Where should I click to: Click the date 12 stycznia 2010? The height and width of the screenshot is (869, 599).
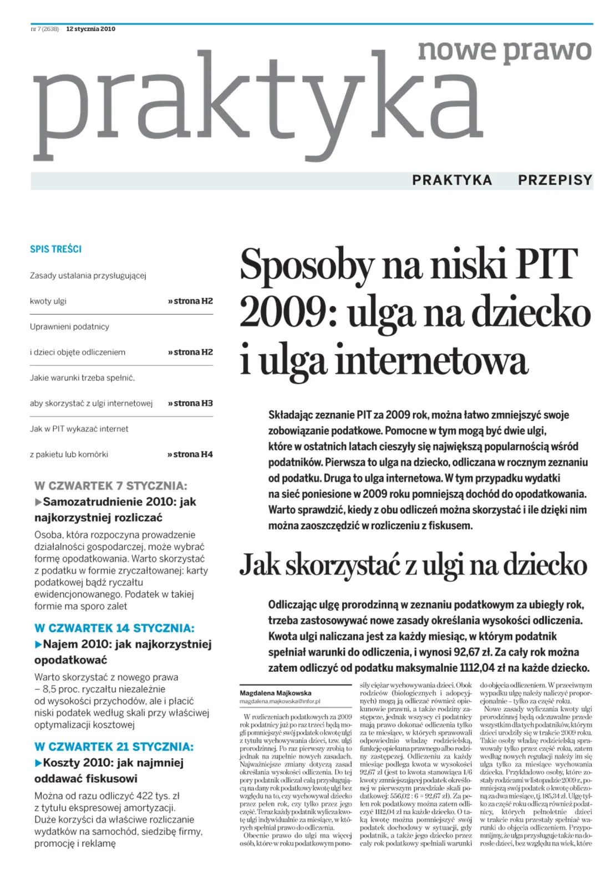(x=90, y=29)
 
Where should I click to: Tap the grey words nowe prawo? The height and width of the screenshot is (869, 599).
(x=505, y=51)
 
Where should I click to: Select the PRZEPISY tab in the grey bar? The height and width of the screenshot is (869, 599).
(x=555, y=180)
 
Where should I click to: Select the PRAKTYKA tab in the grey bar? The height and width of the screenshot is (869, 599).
(x=452, y=180)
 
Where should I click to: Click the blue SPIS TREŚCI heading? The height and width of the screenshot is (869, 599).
(x=55, y=249)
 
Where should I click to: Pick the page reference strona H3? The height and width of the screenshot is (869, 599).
(x=191, y=403)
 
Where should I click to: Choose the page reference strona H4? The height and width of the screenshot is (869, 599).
(x=191, y=454)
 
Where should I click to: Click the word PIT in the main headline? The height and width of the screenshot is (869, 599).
(x=546, y=264)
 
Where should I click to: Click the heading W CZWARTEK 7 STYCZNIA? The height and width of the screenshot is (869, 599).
(x=111, y=486)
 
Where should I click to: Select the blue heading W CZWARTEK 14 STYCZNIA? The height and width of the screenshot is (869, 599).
(x=114, y=628)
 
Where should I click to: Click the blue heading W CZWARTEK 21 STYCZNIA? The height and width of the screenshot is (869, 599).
(x=114, y=747)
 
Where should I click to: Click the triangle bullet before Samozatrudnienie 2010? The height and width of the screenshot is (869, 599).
(x=38, y=502)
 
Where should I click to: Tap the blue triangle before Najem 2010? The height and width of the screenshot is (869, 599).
(x=38, y=645)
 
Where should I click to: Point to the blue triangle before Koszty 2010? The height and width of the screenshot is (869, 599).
(x=38, y=763)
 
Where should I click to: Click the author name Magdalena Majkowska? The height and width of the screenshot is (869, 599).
(x=276, y=693)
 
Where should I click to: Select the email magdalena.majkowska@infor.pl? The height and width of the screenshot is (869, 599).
(x=280, y=701)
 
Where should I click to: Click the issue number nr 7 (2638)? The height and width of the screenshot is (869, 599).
(x=45, y=29)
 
